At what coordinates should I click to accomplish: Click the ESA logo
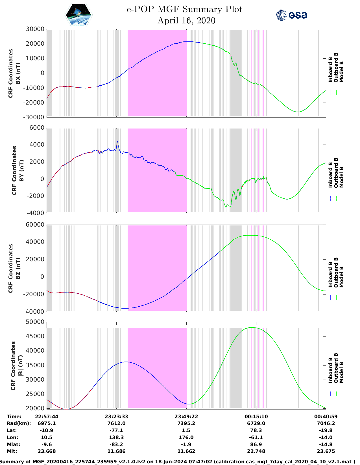click(291, 15)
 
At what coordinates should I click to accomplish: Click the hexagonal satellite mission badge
click(78, 15)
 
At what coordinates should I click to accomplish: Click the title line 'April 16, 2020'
click(186, 21)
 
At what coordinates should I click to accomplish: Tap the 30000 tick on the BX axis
click(35, 29)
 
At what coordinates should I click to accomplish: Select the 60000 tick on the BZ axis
click(35, 225)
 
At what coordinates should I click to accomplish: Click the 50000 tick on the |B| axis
click(35, 322)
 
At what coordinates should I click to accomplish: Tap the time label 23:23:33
click(116, 417)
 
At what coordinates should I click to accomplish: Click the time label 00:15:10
click(256, 417)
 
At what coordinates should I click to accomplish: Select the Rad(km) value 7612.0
click(116, 423)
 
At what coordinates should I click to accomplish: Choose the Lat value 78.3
click(256, 430)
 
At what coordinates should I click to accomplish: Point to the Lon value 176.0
click(186, 437)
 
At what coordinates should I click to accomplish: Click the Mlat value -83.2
click(116, 444)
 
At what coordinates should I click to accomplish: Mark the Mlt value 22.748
click(256, 451)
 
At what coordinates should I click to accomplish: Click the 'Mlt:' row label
click(12, 451)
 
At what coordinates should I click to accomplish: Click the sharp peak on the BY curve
click(117, 141)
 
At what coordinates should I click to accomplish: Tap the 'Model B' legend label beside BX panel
click(341, 72)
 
